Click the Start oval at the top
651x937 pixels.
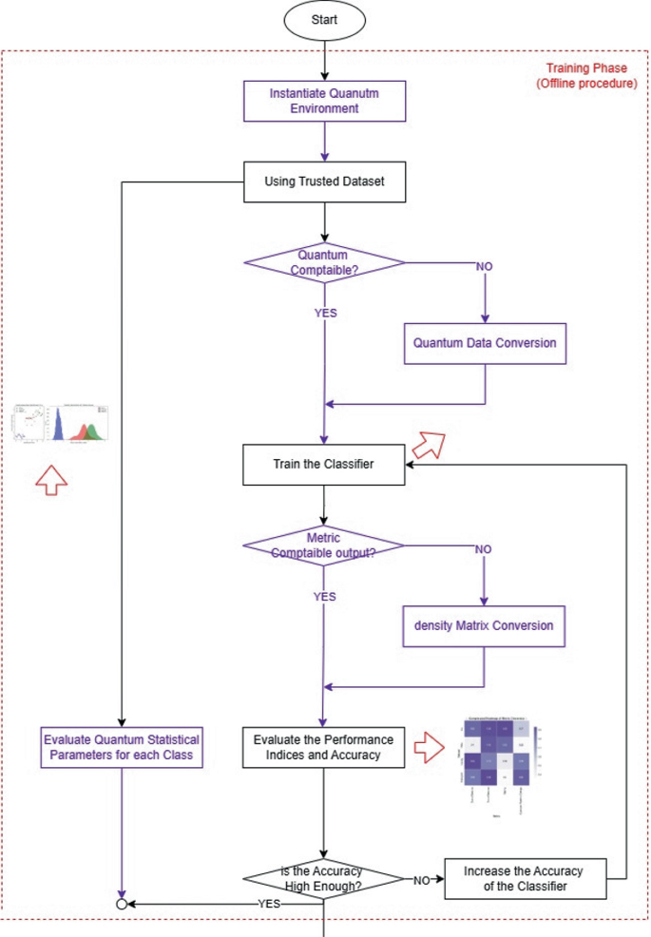[324, 20]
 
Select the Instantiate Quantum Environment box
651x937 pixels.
[325, 101]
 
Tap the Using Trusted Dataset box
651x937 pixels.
[325, 182]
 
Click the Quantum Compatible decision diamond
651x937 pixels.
[324, 262]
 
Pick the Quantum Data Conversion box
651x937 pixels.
[486, 343]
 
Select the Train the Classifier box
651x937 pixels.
[325, 465]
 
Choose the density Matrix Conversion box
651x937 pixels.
[485, 627]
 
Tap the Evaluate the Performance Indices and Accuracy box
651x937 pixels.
[325, 748]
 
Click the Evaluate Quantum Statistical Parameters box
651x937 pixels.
[122, 748]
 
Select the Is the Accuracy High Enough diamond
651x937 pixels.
[325, 879]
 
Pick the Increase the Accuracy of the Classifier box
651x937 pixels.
[524, 879]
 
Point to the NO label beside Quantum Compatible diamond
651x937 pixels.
[485, 265]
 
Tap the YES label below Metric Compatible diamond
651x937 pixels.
[325, 597]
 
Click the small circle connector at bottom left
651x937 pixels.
[122, 903]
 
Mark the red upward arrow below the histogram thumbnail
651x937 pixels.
[51, 480]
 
